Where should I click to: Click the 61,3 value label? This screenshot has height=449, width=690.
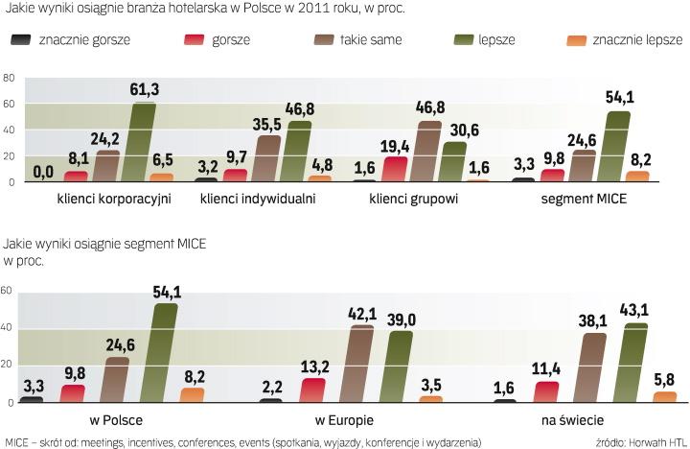(x=144, y=89)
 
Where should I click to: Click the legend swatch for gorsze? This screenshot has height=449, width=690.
(x=195, y=40)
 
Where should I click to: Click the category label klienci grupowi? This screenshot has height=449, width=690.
(x=414, y=200)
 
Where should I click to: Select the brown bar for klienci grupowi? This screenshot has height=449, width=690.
(x=430, y=152)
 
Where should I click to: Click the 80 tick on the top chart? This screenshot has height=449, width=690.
(x=9, y=79)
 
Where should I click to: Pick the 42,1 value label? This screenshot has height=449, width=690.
(x=360, y=314)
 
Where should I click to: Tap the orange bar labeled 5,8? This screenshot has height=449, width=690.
(x=664, y=396)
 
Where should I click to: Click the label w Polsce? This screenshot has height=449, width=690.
(x=111, y=420)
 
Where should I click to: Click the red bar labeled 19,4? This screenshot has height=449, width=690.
(x=394, y=169)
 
